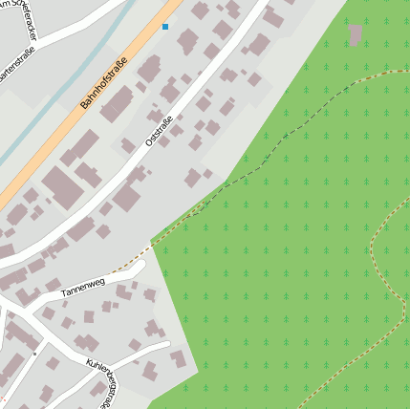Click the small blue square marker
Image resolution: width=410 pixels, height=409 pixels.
click(165, 27)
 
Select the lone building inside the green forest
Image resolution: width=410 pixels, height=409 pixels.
click(356, 35)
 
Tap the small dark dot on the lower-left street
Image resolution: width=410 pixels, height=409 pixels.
click(35, 353)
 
